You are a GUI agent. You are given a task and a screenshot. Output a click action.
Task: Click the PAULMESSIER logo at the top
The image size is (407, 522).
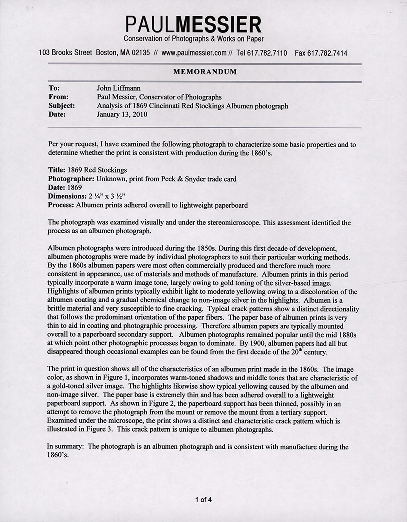pyautogui.click(x=193, y=24)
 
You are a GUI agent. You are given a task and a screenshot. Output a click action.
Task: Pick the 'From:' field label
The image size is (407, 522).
pyautogui.click(x=58, y=98)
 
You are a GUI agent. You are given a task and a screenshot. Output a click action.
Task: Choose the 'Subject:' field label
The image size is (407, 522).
pyautogui.click(x=62, y=106)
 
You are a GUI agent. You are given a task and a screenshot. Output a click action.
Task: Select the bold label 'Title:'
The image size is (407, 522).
pyautogui.click(x=57, y=170)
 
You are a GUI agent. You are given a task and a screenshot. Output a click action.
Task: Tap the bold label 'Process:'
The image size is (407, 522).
pyautogui.click(x=62, y=205)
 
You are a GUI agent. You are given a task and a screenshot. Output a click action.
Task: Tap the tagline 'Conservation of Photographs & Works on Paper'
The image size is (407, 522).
pyautogui.click(x=194, y=39)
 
